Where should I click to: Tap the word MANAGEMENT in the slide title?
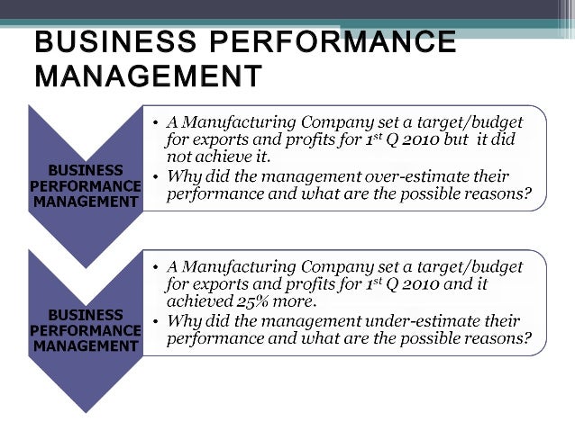point(148,76)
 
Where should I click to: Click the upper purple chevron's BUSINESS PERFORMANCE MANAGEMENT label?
point(87,185)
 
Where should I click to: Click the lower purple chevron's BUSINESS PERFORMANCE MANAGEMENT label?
point(87,330)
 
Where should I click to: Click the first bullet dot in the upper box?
point(155,121)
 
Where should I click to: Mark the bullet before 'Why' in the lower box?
point(155,322)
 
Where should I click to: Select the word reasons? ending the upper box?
point(496,194)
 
